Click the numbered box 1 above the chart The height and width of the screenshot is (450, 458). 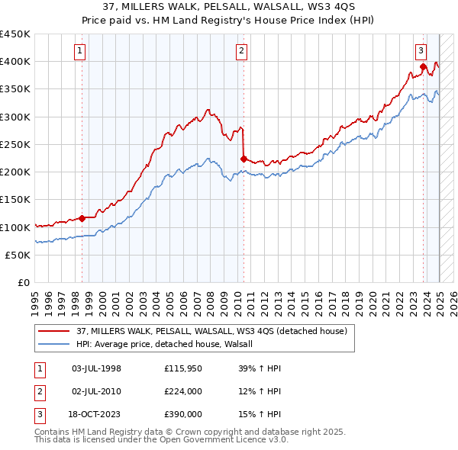pos(80,51)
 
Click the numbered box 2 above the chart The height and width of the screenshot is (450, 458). pos(241,51)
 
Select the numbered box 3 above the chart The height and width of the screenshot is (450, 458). pos(421,51)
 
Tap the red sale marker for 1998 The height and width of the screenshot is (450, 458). pos(82,218)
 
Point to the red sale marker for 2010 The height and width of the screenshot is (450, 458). pos(244,159)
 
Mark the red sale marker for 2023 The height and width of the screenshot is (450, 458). pos(423,67)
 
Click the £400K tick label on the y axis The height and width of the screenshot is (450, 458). pos(15,62)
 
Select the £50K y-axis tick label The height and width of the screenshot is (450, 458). pos(18,256)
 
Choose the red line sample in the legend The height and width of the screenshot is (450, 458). pos(53,331)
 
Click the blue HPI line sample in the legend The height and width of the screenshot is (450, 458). pos(53,344)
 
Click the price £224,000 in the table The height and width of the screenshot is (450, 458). pos(183,392)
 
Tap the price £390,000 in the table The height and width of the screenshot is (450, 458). pos(183,415)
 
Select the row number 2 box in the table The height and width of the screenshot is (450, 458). pos(37,392)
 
